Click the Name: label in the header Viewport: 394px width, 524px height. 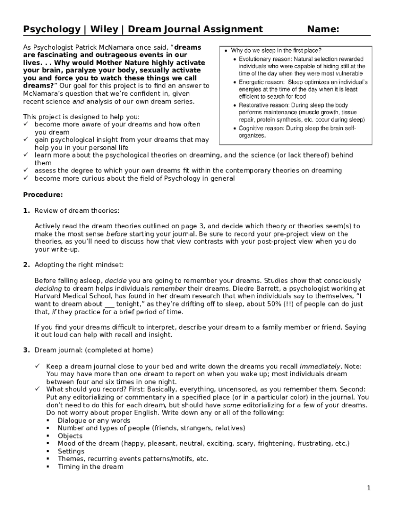point(323,29)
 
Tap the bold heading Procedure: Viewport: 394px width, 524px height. point(43,194)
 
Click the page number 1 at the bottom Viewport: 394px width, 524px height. point(368,488)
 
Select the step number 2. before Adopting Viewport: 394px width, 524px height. point(27,265)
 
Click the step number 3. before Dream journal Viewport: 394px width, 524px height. point(27,350)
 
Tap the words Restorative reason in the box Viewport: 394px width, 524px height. point(261,105)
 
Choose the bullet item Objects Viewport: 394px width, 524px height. point(70,436)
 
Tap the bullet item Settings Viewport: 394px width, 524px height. point(71,451)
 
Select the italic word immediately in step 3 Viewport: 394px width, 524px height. point(320,366)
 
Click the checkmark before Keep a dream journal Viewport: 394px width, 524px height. point(37,366)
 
